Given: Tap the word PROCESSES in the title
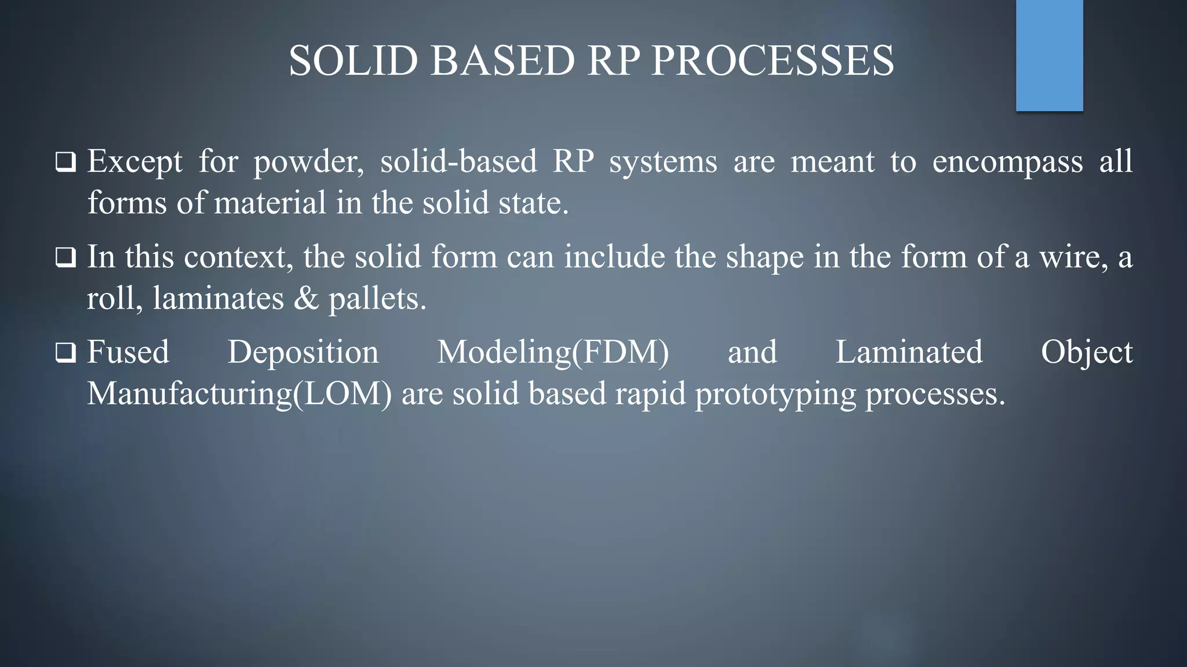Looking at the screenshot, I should pyautogui.click(x=773, y=61).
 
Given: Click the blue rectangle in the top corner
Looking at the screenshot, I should pyautogui.click(x=1049, y=55).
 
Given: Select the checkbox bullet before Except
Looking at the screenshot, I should pyautogui.click(x=65, y=162).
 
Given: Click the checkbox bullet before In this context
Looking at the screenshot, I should pyautogui.click(x=65, y=258).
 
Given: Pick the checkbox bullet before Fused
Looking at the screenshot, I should pyautogui.click(x=65, y=353).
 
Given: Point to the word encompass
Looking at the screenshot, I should pyautogui.click(x=1007, y=162).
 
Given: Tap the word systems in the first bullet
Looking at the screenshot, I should pyautogui.click(x=663, y=162).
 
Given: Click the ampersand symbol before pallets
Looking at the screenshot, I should pyautogui.click(x=307, y=299).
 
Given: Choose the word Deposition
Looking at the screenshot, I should pyautogui.click(x=303, y=353).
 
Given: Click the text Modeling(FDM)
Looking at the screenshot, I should pyautogui.click(x=553, y=353).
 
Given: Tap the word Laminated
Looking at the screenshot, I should pyautogui.click(x=909, y=352).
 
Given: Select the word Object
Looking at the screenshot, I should pyautogui.click(x=1086, y=353).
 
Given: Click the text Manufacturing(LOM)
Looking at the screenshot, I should pyautogui.click(x=239, y=394).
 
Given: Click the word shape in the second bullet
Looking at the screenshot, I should pyautogui.click(x=764, y=258).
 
